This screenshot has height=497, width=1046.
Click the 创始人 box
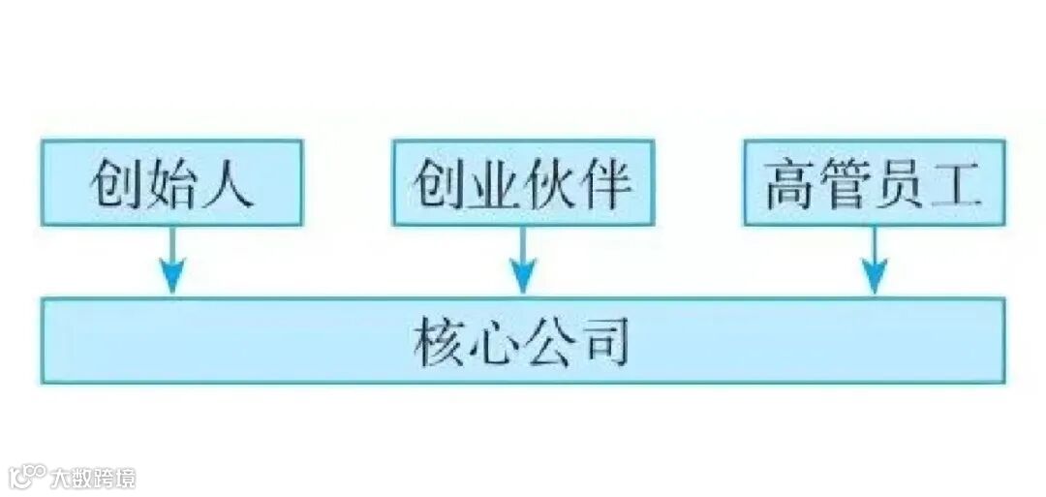(x=171, y=183)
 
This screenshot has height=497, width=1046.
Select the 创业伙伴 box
(x=523, y=183)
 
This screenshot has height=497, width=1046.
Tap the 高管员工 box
(x=874, y=183)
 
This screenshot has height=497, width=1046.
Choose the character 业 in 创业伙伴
(x=495, y=184)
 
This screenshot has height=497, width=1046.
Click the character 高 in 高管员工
(x=791, y=184)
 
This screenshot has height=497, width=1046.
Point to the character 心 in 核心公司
(x=496, y=341)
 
